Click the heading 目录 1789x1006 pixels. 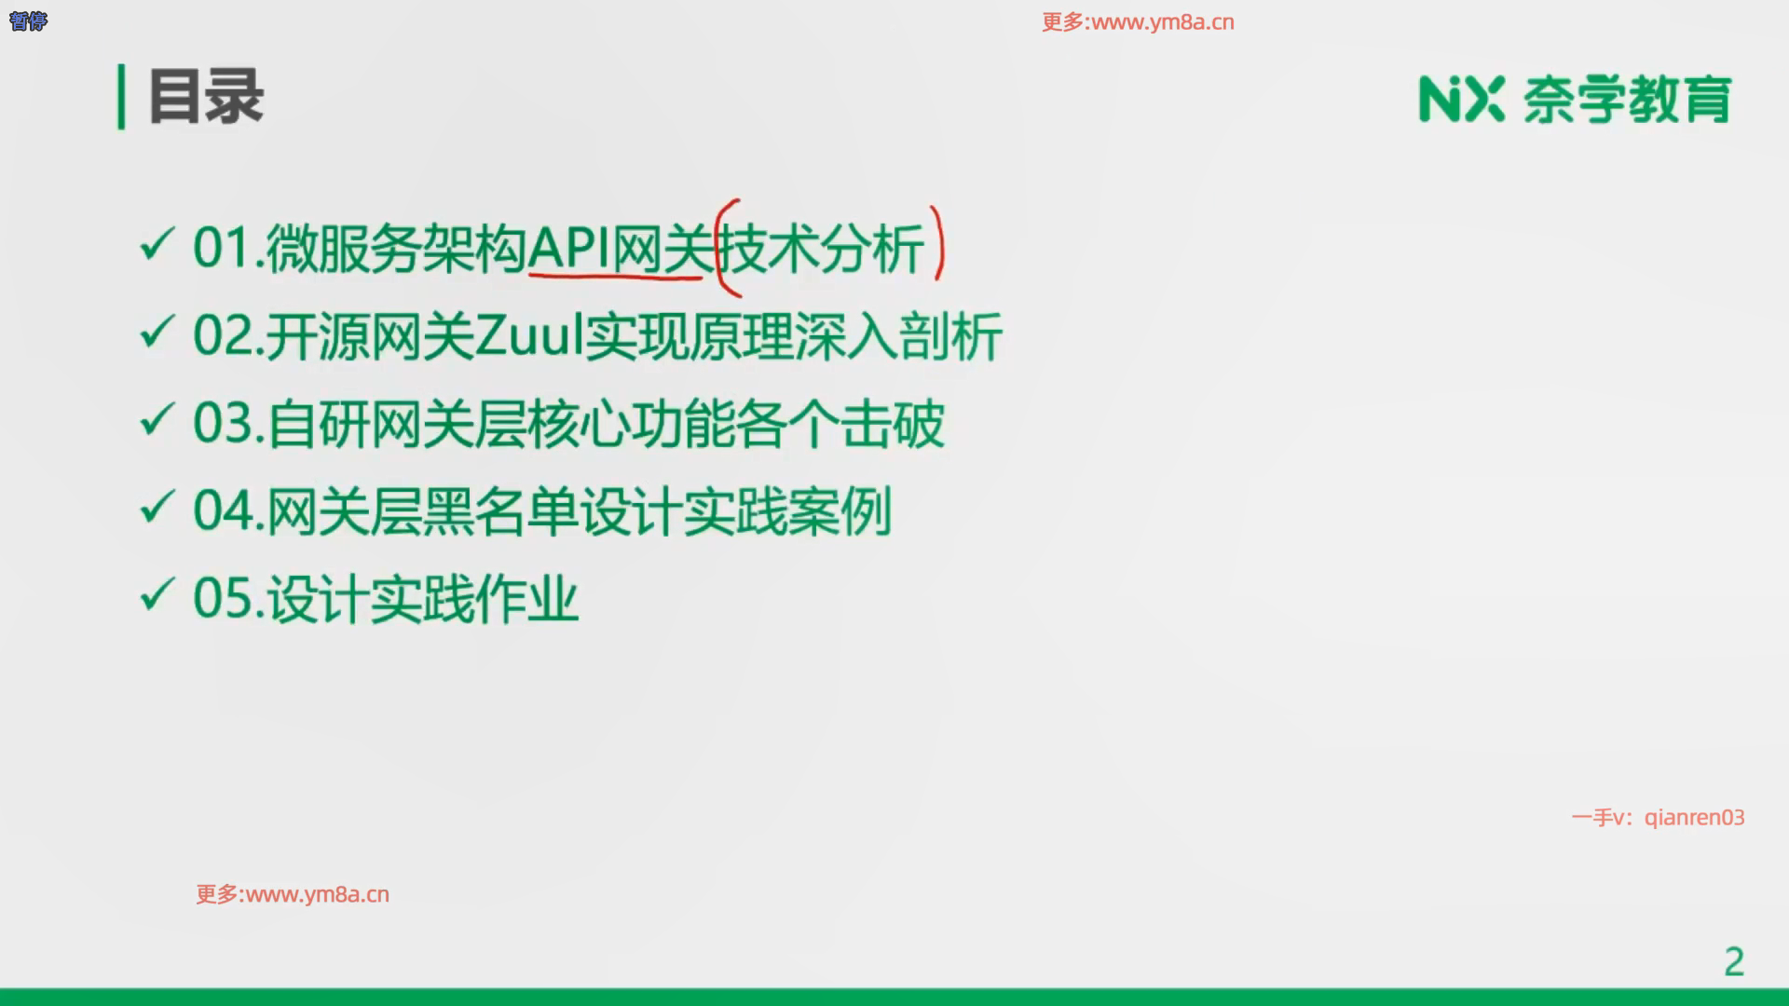click(x=206, y=96)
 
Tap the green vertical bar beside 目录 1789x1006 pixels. click(x=121, y=96)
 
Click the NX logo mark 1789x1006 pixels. click(x=1461, y=99)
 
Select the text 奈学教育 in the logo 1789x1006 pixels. click(x=1628, y=100)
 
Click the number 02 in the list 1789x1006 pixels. click(x=222, y=335)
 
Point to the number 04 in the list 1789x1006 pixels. click(x=222, y=510)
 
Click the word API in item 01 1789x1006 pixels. click(x=568, y=248)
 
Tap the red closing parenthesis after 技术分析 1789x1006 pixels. click(x=937, y=242)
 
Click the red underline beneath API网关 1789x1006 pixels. click(x=616, y=275)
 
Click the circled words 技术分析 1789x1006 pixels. click(x=823, y=248)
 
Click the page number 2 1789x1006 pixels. click(x=1734, y=961)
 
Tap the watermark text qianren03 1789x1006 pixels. click(x=1694, y=818)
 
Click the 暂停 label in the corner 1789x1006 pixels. click(x=28, y=20)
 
